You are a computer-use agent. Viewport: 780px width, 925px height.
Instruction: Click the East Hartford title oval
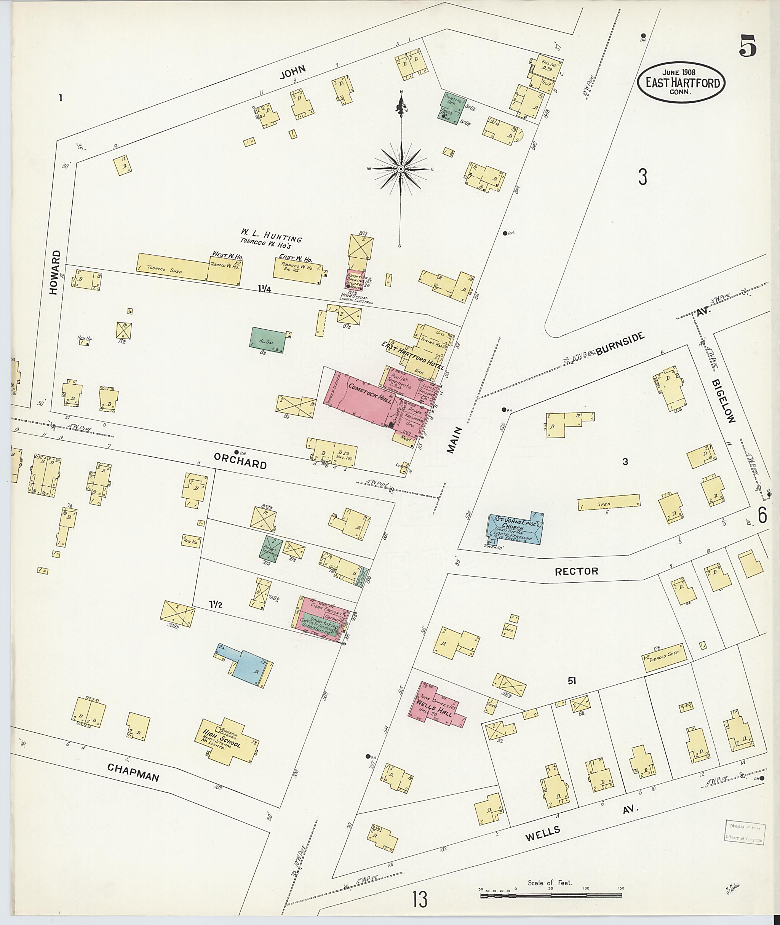point(682,83)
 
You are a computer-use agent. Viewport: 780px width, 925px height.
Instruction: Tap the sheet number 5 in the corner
point(747,46)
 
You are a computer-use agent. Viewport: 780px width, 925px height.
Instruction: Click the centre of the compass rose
point(401,169)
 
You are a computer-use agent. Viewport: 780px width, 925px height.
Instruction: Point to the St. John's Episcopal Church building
point(515,529)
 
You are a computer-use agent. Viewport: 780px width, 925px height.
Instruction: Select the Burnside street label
point(620,344)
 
